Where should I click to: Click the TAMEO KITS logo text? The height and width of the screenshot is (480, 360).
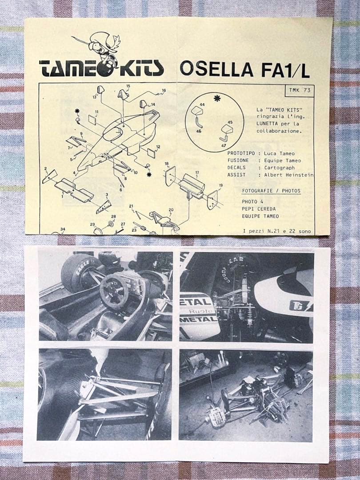(x=101, y=68)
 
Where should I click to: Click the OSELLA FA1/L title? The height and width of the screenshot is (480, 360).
(x=244, y=70)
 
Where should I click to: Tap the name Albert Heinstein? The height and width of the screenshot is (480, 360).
(x=289, y=175)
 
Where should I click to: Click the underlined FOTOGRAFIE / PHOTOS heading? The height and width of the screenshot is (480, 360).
(x=271, y=191)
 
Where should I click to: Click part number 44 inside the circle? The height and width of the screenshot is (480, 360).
(x=202, y=104)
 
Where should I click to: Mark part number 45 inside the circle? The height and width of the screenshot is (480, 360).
(x=230, y=122)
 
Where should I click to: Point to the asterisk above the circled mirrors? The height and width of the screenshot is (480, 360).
(x=217, y=98)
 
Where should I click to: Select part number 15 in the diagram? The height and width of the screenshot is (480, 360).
(x=128, y=86)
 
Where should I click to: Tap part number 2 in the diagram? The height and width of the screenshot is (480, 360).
(x=45, y=168)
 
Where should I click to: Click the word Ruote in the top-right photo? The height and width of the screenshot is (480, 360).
(x=199, y=312)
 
